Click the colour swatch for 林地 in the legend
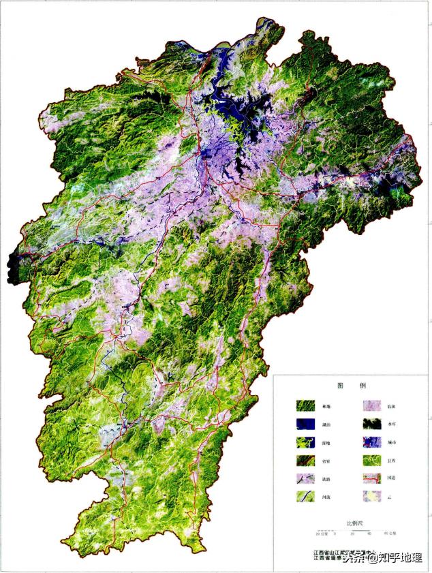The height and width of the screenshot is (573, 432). point(305,406)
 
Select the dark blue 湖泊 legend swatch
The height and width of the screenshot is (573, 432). point(305,424)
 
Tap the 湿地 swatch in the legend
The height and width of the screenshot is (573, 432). point(305,442)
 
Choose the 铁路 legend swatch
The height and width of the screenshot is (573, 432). point(305,478)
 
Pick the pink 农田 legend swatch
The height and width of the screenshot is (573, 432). point(371,406)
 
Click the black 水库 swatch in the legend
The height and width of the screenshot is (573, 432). point(371,424)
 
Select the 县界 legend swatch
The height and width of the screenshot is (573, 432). point(371,460)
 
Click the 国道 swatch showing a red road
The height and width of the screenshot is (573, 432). point(371,478)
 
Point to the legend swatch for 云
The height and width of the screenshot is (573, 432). point(371,496)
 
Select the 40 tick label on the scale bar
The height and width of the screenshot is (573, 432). point(369,533)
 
